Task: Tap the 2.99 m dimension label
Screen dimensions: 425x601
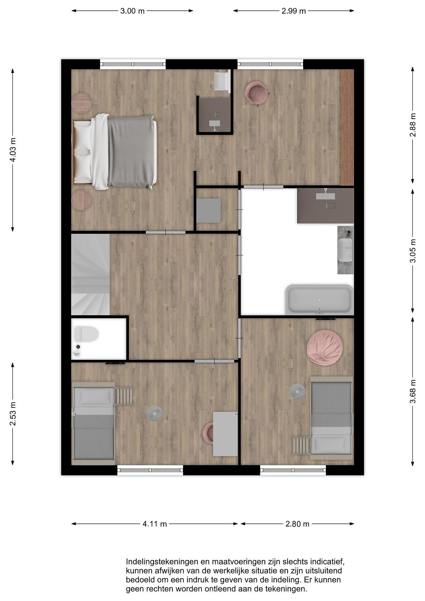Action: pyautogui.click(x=294, y=11)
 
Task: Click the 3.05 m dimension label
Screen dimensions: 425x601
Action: pyautogui.click(x=413, y=251)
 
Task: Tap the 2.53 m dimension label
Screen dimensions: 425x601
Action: pyautogui.click(x=13, y=414)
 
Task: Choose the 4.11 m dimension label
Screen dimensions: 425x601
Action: pyautogui.click(x=155, y=524)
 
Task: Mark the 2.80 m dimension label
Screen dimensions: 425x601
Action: pyautogui.click(x=297, y=524)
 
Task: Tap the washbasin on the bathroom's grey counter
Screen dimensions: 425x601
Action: pyautogui.click(x=345, y=250)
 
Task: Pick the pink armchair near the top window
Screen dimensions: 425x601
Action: pyautogui.click(x=256, y=93)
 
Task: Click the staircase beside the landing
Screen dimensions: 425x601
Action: pyautogui.click(x=91, y=274)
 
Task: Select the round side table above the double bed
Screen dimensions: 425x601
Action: pyautogui.click(x=81, y=103)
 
